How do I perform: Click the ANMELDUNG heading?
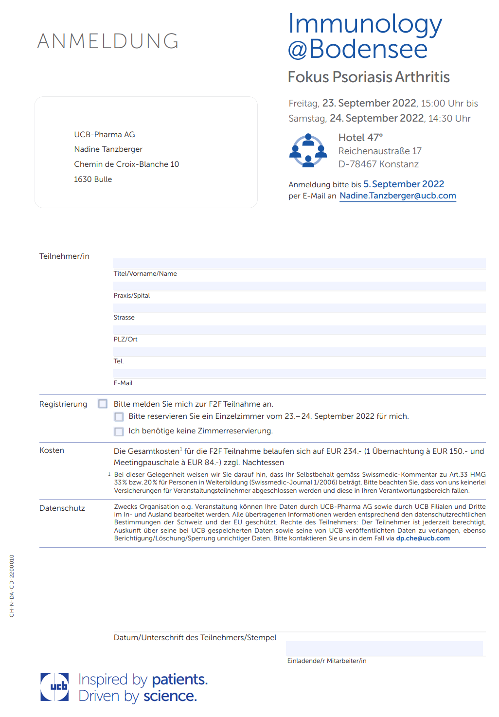pyautogui.click(x=108, y=41)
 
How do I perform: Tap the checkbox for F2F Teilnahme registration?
pyautogui.click(x=103, y=404)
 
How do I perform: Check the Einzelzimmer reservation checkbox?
pyautogui.click(x=119, y=417)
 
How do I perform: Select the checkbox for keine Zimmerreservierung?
pyautogui.click(x=119, y=431)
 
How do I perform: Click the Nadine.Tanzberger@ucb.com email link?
pyautogui.click(x=397, y=196)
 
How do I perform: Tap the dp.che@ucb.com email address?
pyautogui.click(x=423, y=538)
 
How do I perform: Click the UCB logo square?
pyautogui.click(x=54, y=687)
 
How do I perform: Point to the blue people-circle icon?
pyautogui.click(x=308, y=150)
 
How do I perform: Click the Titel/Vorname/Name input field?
pyautogui.click(x=299, y=263)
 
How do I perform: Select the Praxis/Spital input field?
pyautogui.click(x=299, y=286)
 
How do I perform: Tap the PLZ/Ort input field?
pyautogui.click(x=299, y=330)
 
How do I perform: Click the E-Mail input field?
pyautogui.click(x=299, y=374)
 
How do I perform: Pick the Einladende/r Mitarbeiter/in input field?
pyautogui.click(x=384, y=648)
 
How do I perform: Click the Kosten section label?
pyautogui.click(x=52, y=450)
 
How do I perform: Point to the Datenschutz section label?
pyautogui.click(x=62, y=508)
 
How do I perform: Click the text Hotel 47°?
pyautogui.click(x=360, y=138)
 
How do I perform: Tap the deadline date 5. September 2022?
pyautogui.click(x=403, y=184)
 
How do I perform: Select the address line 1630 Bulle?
pyautogui.click(x=93, y=179)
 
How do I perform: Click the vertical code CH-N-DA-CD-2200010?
pyautogui.click(x=12, y=586)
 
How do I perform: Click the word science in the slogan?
pyautogui.click(x=170, y=696)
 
